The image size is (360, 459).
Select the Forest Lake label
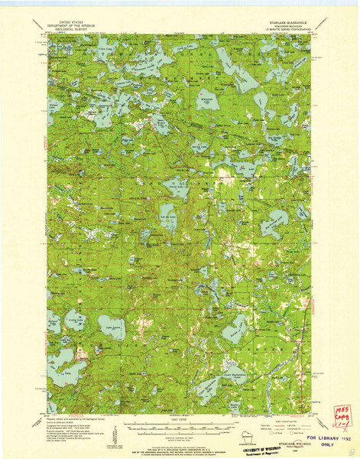coord(178,190)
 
